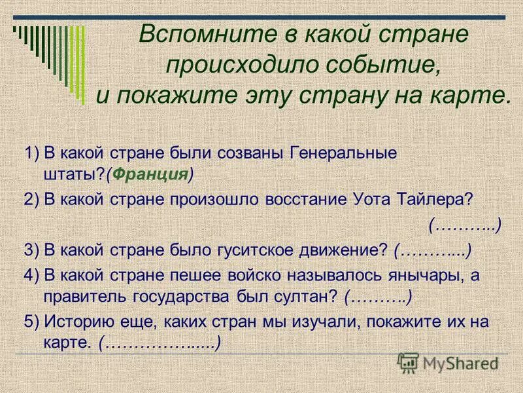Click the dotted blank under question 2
(x=465, y=225)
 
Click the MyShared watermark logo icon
(x=409, y=362)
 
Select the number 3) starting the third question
(x=31, y=250)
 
